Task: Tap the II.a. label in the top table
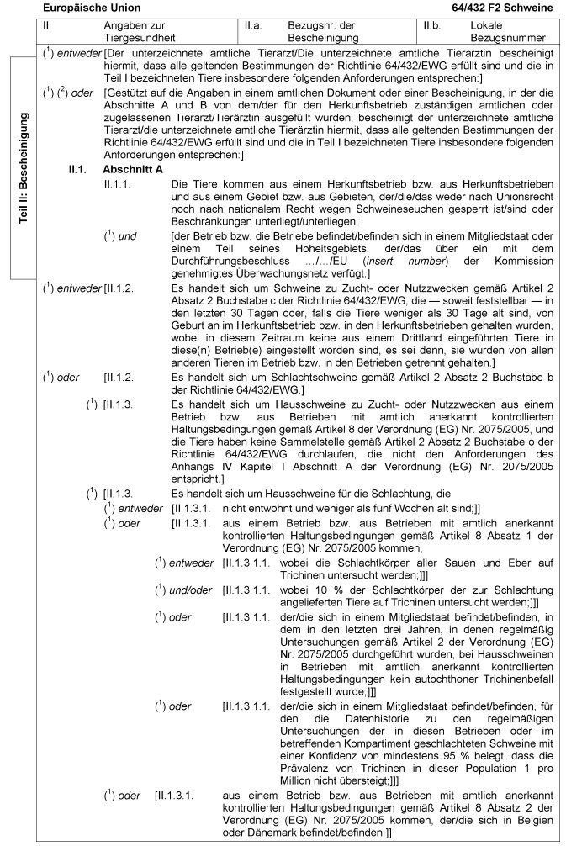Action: pos(254,27)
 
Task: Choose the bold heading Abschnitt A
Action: pos(131,168)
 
